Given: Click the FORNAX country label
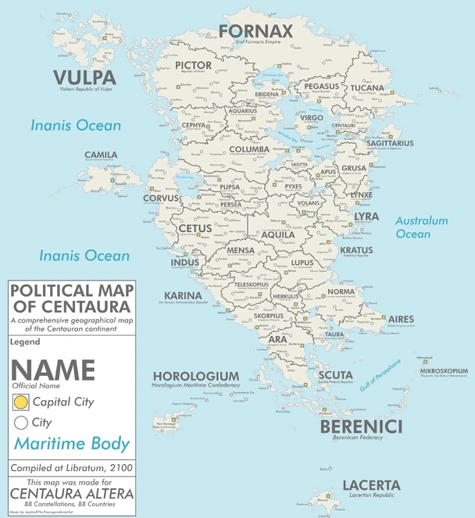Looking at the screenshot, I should click(255, 32).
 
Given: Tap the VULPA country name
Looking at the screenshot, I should click(84, 77).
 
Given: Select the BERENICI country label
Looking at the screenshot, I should click(361, 427).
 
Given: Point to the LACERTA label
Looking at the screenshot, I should click(371, 486).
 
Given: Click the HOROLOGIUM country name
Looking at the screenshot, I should click(195, 377).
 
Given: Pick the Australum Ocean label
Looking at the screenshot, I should click(421, 227).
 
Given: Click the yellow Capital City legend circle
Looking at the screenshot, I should click(21, 402).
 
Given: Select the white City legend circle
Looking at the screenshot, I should click(21, 423).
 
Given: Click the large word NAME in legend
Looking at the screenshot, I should click(52, 370).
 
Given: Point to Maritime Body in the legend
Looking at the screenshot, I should click(72, 445).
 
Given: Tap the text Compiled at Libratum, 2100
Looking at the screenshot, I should click(71, 467).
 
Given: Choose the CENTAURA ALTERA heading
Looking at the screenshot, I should click(71, 494).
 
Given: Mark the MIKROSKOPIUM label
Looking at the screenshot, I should click(444, 370).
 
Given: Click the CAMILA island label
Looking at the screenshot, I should click(101, 155).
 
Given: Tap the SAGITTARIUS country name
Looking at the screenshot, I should click(389, 144).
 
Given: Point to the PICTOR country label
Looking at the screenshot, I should click(194, 65).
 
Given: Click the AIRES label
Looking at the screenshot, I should click(401, 320).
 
